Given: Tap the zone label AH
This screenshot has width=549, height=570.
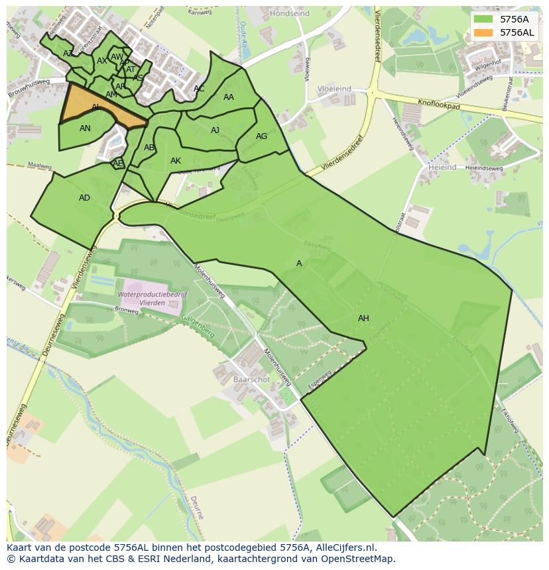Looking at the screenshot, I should click(363, 318).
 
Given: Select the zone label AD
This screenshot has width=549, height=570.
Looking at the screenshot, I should click(84, 198).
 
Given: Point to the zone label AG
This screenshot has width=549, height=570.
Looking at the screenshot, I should click(261, 136).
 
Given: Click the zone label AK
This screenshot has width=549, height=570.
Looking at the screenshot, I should click(176, 161).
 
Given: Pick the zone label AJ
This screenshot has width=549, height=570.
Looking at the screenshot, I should click(215, 130).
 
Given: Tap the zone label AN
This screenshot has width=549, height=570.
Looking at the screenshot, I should click(85, 128).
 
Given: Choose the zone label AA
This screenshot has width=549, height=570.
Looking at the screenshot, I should click(229, 97).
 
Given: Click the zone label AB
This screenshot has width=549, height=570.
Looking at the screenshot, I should click(149, 148).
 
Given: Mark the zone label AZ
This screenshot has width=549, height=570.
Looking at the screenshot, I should click(68, 54).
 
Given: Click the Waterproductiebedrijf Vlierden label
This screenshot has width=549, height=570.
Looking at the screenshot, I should click(152, 299).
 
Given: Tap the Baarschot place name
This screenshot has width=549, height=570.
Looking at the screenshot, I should click(251, 380).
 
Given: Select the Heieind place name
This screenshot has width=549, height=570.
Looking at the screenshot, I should click(442, 168).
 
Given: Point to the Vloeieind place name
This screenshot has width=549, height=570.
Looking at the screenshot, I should click(334, 88).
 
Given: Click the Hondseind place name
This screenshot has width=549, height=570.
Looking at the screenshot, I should click(290, 13).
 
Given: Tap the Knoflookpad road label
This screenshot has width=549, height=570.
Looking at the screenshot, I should click(439, 105).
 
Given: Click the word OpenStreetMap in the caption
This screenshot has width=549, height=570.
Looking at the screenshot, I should click(358, 559).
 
